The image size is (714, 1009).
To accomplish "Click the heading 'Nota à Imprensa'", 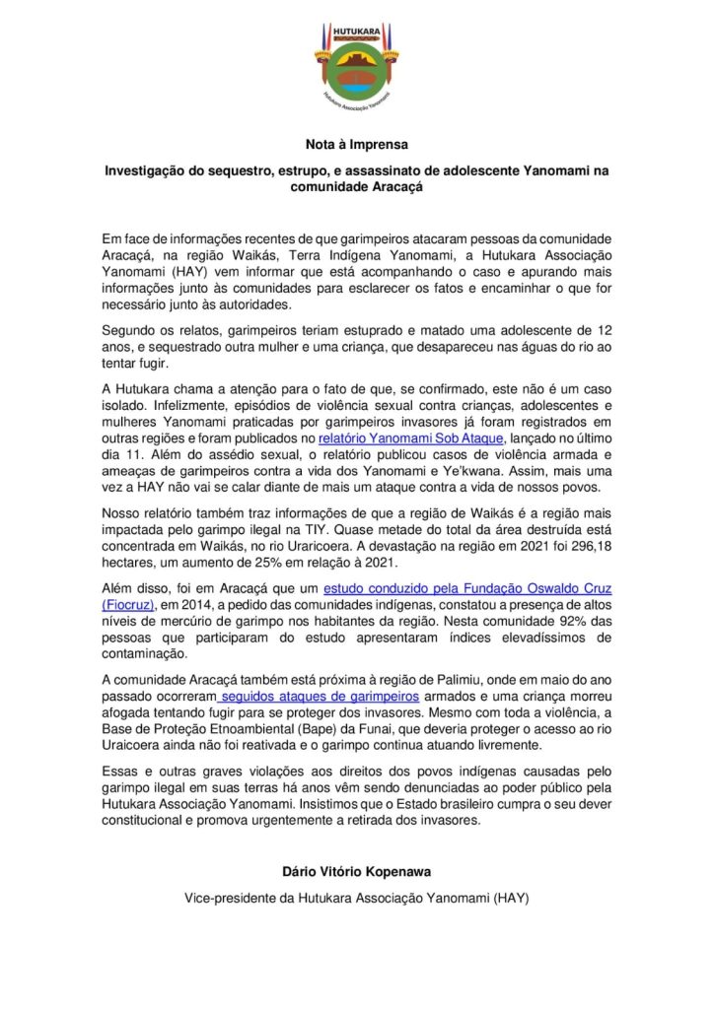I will coord(356,144).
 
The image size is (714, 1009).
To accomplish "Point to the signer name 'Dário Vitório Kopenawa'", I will coord(356,872).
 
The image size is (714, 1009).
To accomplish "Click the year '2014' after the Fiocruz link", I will coord(204,606).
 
